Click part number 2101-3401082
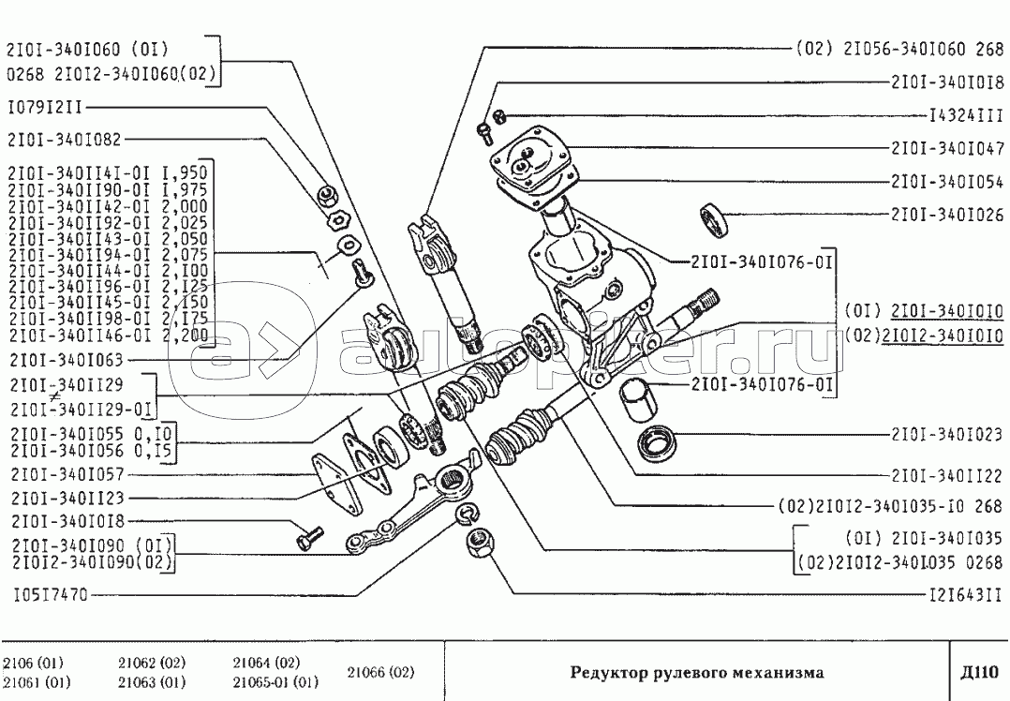pos(64,139)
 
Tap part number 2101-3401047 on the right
pos(947,148)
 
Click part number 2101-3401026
pos(947,214)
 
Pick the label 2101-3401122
pos(947,474)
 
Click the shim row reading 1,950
pos(108,172)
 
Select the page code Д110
pos(981,671)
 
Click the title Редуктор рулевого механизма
pos(698,672)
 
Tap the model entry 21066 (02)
pos(380,672)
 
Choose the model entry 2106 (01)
pos(33,663)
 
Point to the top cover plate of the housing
pos(531,160)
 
